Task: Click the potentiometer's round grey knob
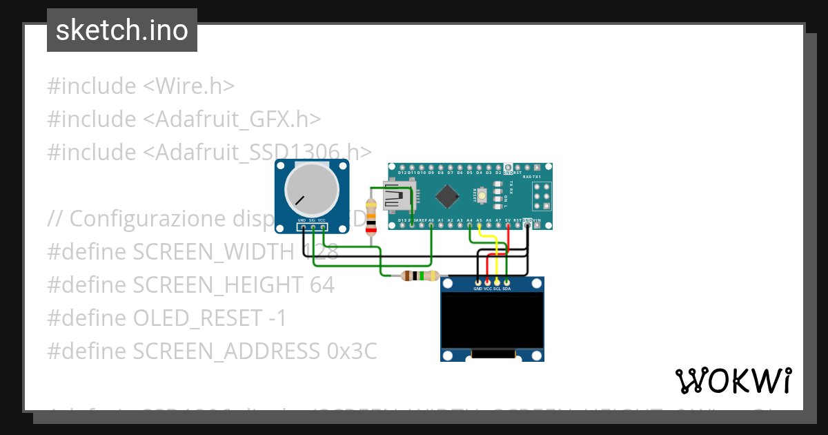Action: tap(312, 191)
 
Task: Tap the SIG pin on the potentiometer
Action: tap(313, 226)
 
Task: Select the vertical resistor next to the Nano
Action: tap(372, 217)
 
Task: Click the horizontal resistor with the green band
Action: tap(420, 275)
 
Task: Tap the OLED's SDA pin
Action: tap(506, 282)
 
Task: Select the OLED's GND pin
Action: tap(477, 282)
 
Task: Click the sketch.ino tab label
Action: tap(122, 30)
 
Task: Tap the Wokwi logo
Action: tap(733, 380)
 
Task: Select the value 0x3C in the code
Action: tap(351, 351)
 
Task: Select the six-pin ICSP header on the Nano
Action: tap(542, 197)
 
